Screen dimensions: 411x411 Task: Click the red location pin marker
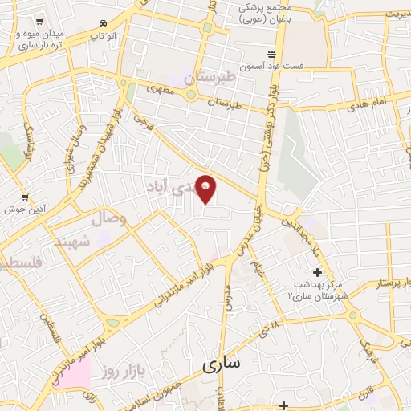point(206,189)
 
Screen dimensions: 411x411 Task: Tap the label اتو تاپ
point(101,37)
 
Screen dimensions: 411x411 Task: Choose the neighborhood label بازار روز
point(120,371)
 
